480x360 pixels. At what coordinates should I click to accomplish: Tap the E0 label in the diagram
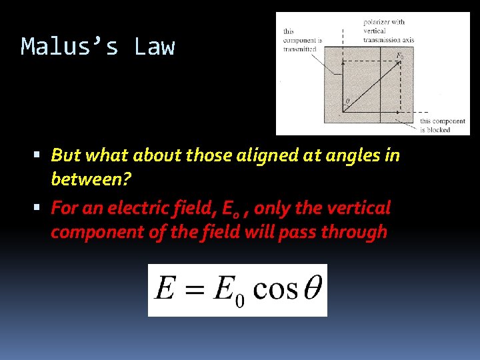pos(399,56)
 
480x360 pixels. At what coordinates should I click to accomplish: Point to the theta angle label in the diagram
pos(346,102)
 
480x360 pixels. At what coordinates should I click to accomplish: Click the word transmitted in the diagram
pos(299,49)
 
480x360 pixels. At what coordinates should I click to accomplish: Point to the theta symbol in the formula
pos(311,289)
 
